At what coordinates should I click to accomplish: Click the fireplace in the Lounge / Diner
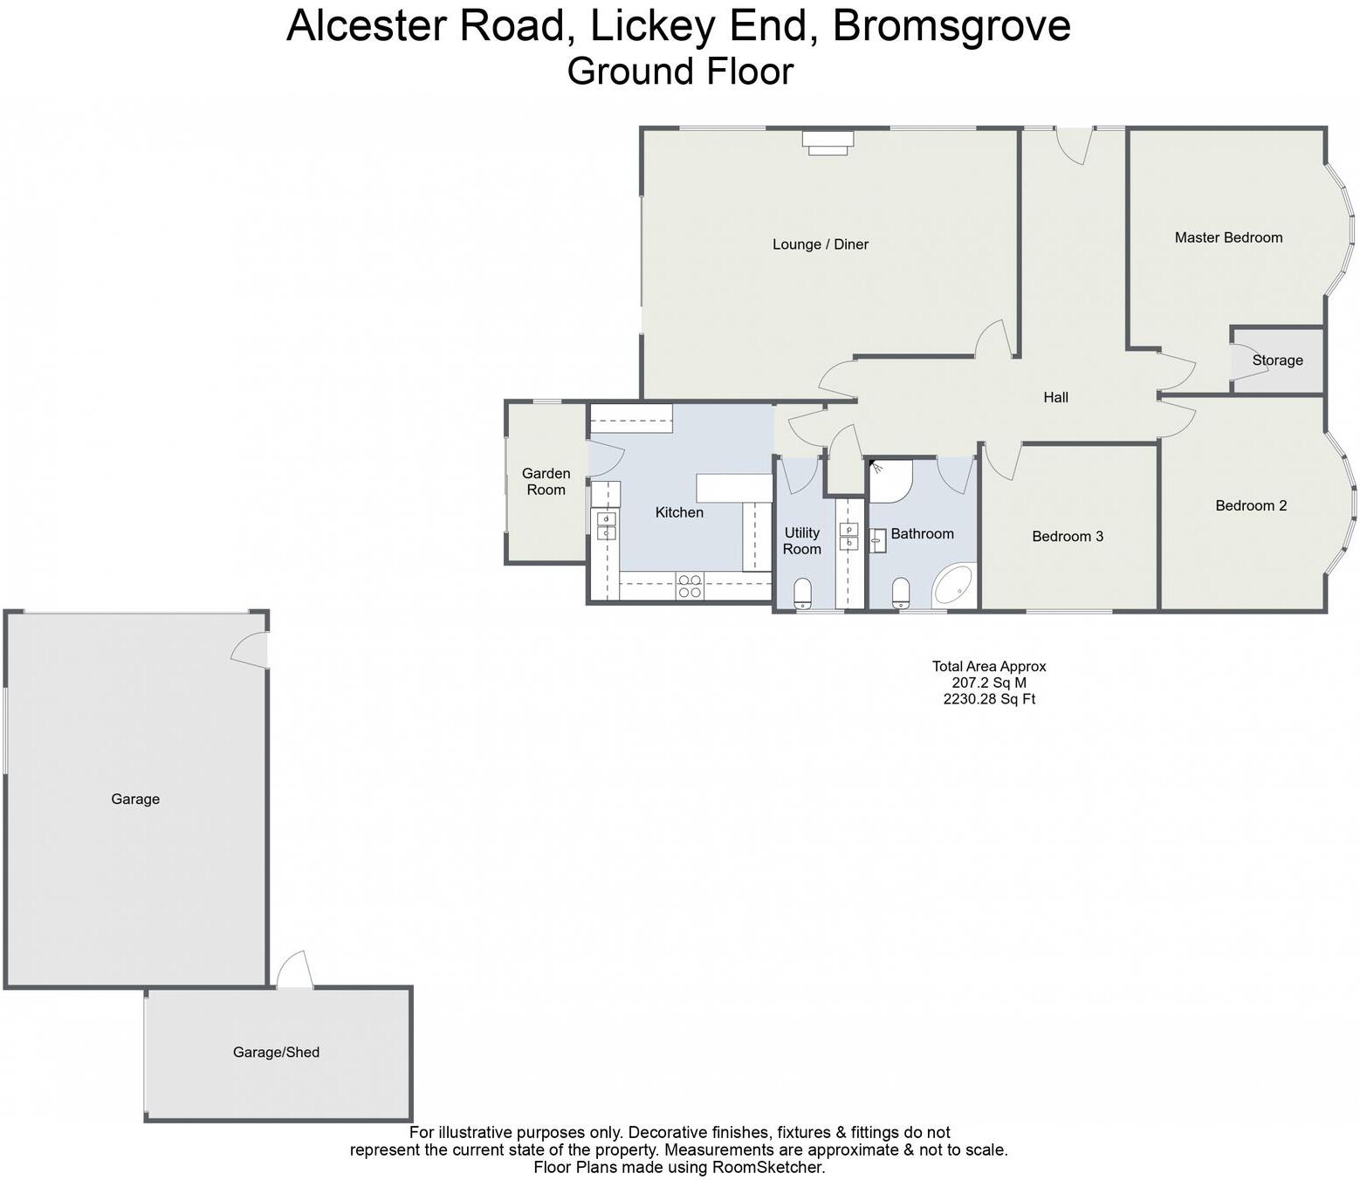[x=828, y=142]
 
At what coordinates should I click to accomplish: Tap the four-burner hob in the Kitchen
[x=690, y=586]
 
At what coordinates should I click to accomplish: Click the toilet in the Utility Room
[x=803, y=594]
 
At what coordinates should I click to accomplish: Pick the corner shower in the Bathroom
[x=890, y=480]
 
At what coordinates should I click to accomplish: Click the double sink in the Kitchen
[x=606, y=526]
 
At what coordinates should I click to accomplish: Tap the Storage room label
[x=1277, y=360]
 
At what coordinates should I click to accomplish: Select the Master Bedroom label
[x=1228, y=237]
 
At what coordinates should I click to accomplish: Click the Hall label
[x=1055, y=398]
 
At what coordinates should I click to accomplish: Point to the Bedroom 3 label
[x=1067, y=537]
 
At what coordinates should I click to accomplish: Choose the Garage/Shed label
[x=276, y=1053]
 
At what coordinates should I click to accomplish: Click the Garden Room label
[x=546, y=482]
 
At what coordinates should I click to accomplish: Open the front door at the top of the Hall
[x=1074, y=142]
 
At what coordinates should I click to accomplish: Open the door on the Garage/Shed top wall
[x=295, y=972]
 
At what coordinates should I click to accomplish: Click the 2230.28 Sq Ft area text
[x=988, y=699]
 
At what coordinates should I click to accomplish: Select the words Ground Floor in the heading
[x=680, y=72]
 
